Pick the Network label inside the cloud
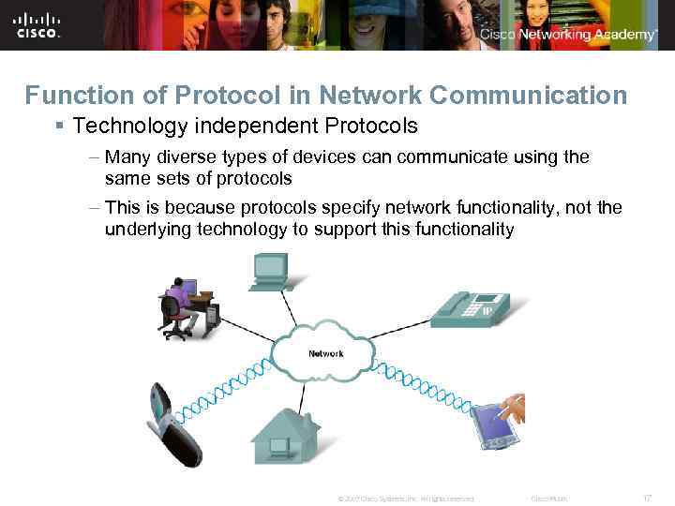point(325,354)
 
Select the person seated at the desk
point(180,305)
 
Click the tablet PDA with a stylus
point(497,424)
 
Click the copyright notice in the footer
point(405,499)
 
